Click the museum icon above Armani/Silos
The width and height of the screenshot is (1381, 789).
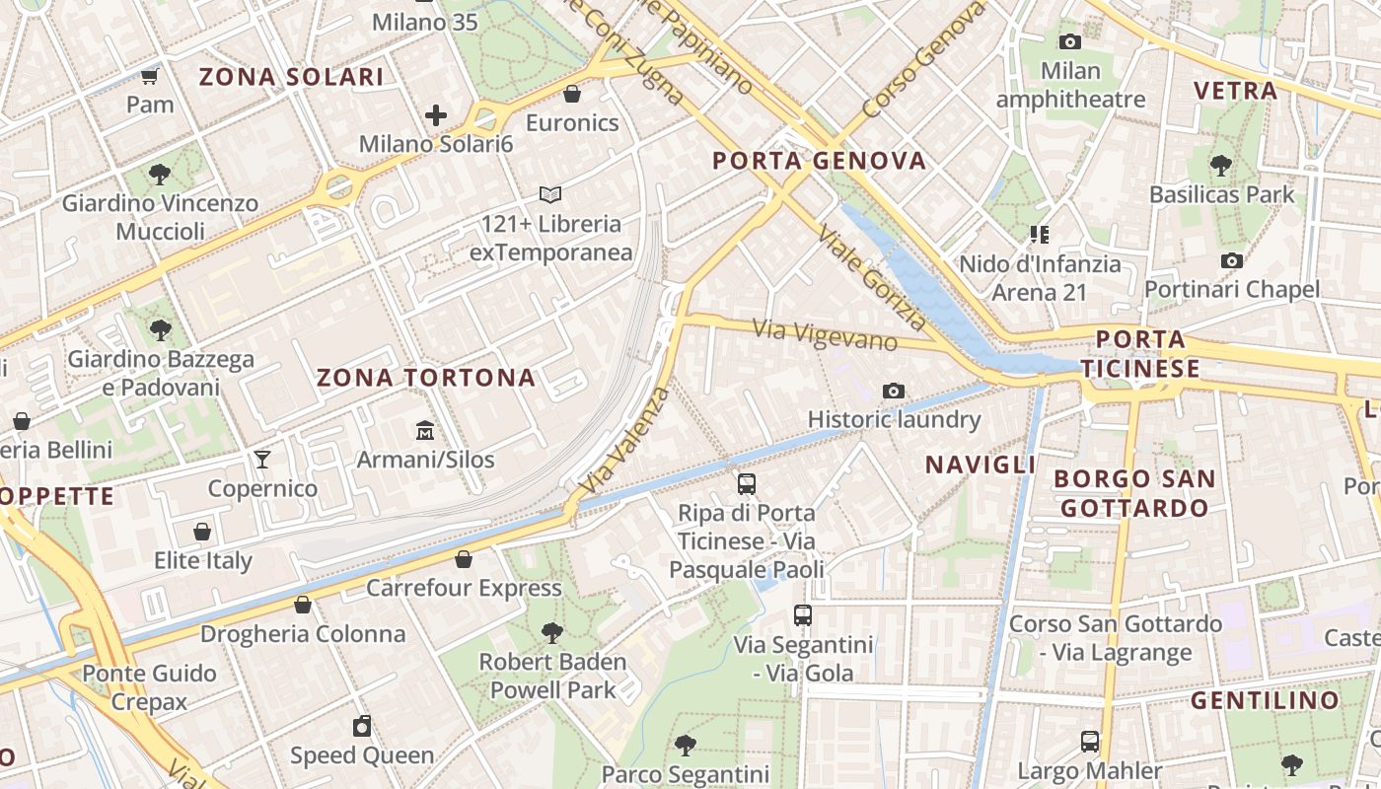(425, 431)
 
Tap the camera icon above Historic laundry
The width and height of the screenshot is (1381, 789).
(894, 391)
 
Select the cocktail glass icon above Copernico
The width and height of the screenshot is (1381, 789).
(262, 460)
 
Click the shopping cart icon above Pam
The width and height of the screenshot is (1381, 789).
(150, 76)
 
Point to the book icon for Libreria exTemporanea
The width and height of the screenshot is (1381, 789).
(550, 195)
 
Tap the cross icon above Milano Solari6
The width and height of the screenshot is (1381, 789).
(436, 115)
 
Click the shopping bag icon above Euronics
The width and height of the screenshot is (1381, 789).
(572, 94)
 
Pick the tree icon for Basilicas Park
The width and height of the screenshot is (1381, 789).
(1221, 165)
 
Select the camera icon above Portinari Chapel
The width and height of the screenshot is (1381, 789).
(1232, 260)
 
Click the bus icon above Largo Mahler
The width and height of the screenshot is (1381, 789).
(1090, 741)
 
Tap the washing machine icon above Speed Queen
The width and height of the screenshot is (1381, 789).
(362, 727)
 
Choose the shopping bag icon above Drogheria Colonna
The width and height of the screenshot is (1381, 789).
(303, 605)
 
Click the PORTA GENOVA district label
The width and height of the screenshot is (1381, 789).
(819, 161)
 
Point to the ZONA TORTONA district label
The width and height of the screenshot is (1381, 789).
(426, 377)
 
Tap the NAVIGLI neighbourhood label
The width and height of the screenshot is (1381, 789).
(981, 465)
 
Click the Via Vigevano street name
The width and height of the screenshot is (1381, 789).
(825, 335)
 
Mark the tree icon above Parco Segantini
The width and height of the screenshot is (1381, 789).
(686, 745)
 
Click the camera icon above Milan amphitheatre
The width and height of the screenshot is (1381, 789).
(1070, 41)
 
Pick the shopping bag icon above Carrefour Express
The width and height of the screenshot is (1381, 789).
(464, 559)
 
